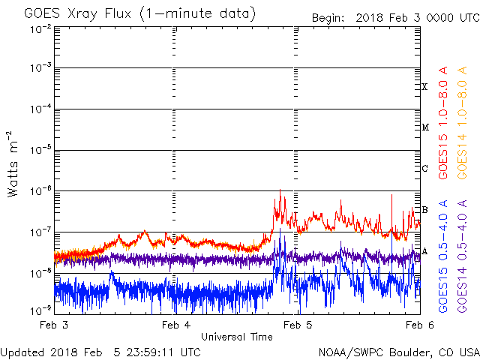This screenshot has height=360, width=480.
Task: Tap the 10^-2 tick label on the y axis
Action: click(x=40, y=28)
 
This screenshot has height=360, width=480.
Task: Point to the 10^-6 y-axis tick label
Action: click(x=40, y=190)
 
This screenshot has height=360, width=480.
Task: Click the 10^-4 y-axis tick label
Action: click(x=40, y=109)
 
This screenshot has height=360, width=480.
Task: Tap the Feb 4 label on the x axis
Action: click(x=175, y=325)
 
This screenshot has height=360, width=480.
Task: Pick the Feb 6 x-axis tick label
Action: click(x=415, y=325)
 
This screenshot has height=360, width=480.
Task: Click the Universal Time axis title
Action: click(x=236, y=337)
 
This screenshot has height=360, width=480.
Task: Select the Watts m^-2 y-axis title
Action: click(x=13, y=166)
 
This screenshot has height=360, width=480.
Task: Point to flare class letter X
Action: click(x=424, y=87)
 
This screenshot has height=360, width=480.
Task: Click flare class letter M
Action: click(x=424, y=127)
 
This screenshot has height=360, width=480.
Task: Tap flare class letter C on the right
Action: click(x=424, y=168)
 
